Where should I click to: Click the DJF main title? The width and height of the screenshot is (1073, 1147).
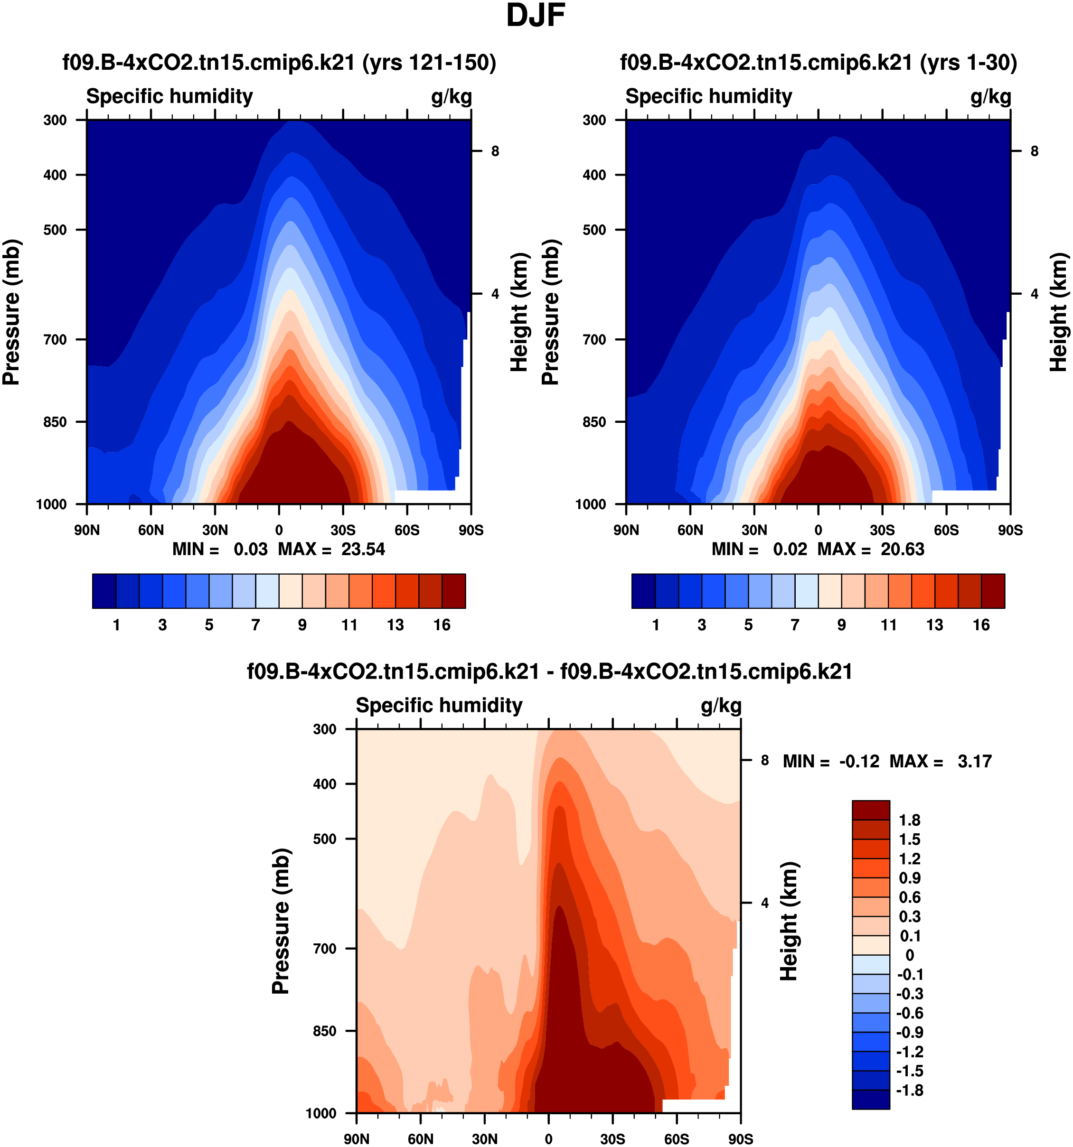coord(535,16)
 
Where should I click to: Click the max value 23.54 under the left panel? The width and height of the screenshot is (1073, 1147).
coord(362,549)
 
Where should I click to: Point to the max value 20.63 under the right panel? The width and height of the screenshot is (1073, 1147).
coord(902,549)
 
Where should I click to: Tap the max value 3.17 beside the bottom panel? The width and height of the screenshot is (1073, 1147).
coord(974,762)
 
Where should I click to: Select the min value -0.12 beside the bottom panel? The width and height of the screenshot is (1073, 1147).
coord(859,762)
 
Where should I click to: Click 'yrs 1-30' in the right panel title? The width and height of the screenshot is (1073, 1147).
coord(968,62)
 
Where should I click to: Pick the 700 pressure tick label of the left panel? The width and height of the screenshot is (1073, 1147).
coord(56,340)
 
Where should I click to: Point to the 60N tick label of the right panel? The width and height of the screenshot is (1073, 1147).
coord(690,530)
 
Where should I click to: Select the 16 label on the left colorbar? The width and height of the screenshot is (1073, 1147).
coord(442,625)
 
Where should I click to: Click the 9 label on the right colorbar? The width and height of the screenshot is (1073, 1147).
coord(842,625)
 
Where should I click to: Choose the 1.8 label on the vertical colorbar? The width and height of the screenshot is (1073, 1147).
coord(910,821)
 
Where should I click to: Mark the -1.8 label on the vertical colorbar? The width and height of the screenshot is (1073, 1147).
coord(910,1091)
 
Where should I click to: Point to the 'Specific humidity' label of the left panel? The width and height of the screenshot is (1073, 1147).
coord(169,96)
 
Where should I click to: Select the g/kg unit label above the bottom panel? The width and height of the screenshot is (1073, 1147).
coord(721,706)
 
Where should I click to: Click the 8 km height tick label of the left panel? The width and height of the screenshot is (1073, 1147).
coord(495,151)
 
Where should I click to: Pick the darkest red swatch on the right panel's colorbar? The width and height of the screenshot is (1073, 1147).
coord(993,591)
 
